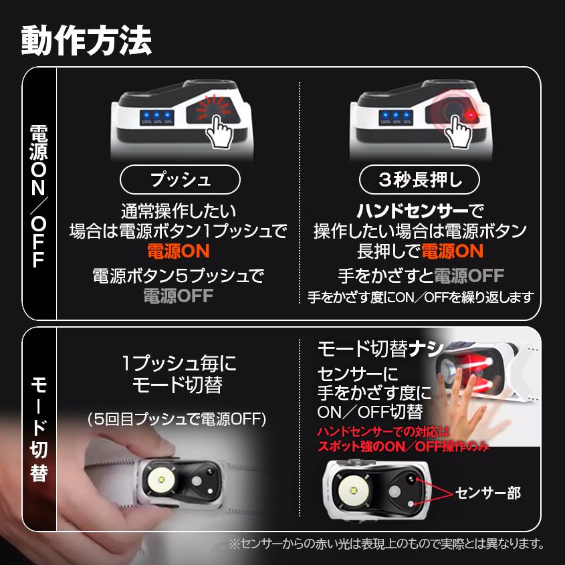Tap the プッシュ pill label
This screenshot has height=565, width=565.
click(179, 179)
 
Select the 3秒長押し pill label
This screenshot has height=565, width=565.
click(420, 179)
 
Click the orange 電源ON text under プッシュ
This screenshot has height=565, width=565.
click(179, 251)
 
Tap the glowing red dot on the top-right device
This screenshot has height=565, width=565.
click(470, 116)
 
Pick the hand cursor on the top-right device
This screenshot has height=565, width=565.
click(460, 130)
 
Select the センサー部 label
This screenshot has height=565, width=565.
click(487, 493)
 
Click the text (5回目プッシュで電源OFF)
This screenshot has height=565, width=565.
click(178, 419)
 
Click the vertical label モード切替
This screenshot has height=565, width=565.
click(39, 428)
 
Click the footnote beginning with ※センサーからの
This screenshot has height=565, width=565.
click(386, 544)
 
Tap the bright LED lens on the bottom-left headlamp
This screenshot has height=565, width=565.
click(162, 479)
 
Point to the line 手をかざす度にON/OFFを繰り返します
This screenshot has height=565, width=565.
click(420, 296)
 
